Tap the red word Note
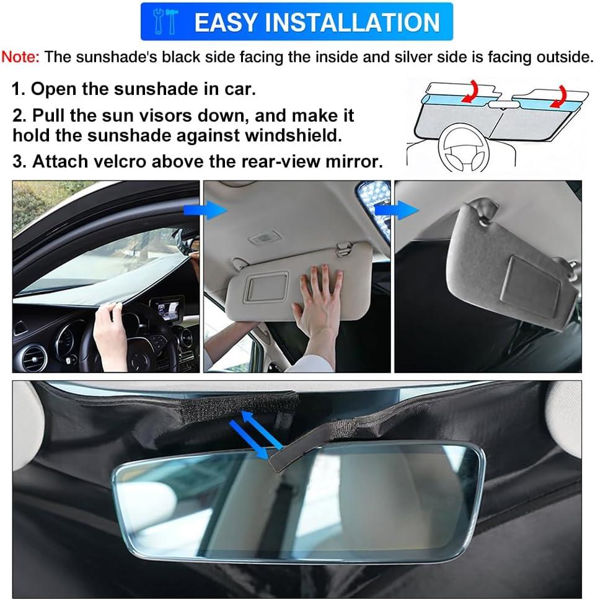click(x=20, y=58)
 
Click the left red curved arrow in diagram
click(x=473, y=91)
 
